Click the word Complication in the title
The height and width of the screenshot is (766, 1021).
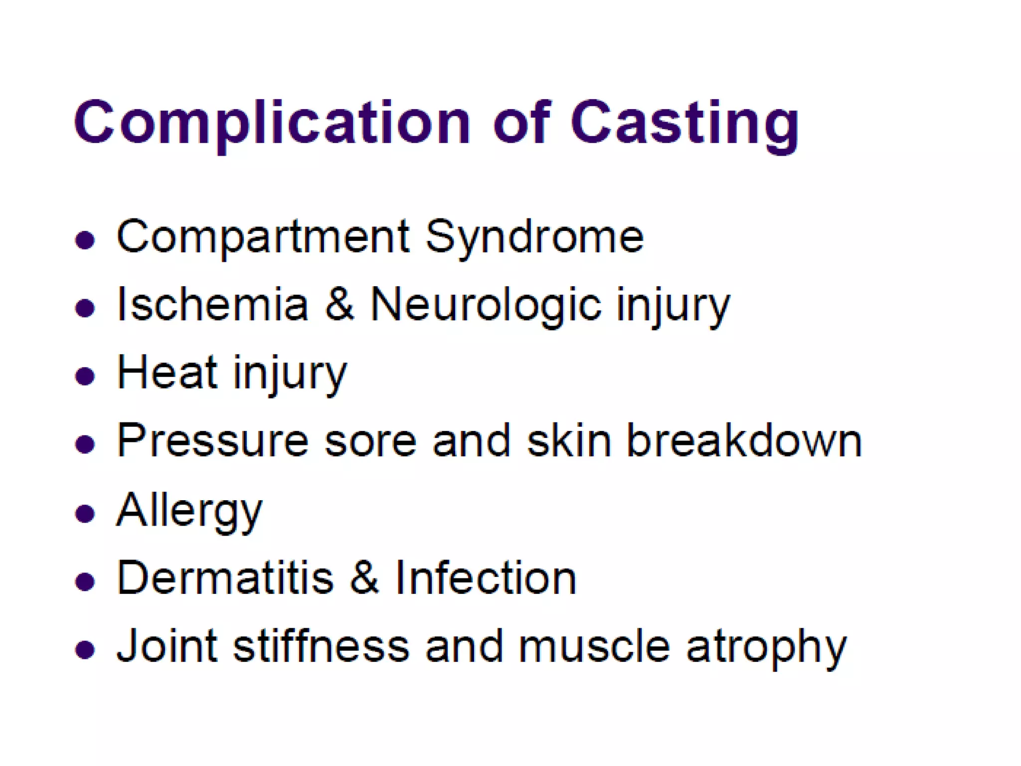(272, 123)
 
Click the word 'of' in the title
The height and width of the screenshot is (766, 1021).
(521, 122)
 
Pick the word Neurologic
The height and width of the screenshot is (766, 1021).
(486, 305)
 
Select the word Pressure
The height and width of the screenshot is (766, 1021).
(213, 441)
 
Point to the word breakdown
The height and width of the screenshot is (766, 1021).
(744, 441)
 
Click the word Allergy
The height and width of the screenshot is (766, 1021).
(189, 511)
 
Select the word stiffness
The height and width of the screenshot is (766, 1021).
(321, 646)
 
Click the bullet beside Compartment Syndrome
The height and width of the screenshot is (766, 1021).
(85, 240)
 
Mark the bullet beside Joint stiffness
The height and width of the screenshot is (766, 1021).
(85, 650)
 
